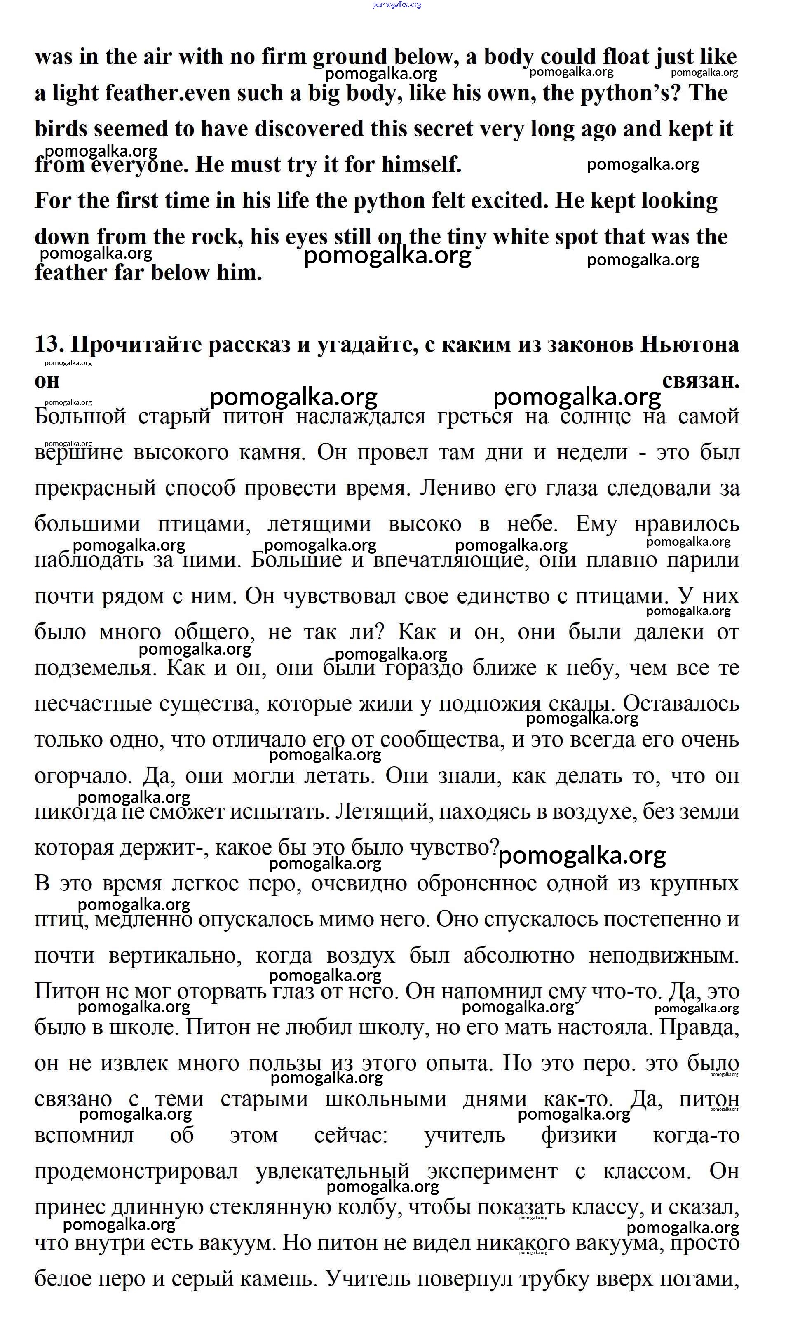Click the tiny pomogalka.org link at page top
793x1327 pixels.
(x=396, y=5)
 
